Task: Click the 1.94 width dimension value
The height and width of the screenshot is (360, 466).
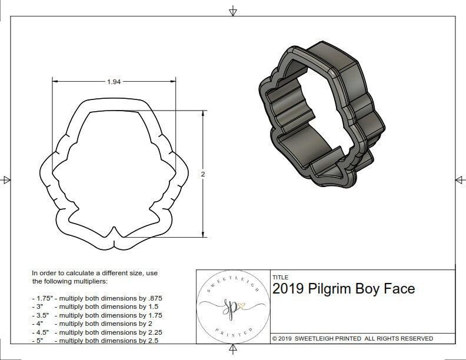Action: (114, 82)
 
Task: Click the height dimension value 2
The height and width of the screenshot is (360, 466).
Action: (203, 174)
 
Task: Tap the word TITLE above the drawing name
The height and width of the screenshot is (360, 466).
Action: (280, 277)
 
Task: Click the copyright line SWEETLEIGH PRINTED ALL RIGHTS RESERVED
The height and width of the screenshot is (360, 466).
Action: (352, 338)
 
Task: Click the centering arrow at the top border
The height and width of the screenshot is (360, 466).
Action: (233, 11)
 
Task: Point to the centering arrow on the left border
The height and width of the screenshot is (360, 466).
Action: (6, 179)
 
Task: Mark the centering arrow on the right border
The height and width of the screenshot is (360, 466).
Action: (460, 179)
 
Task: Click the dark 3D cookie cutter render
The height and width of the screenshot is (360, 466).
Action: (322, 118)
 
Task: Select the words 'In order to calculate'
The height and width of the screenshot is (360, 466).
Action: (64, 274)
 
